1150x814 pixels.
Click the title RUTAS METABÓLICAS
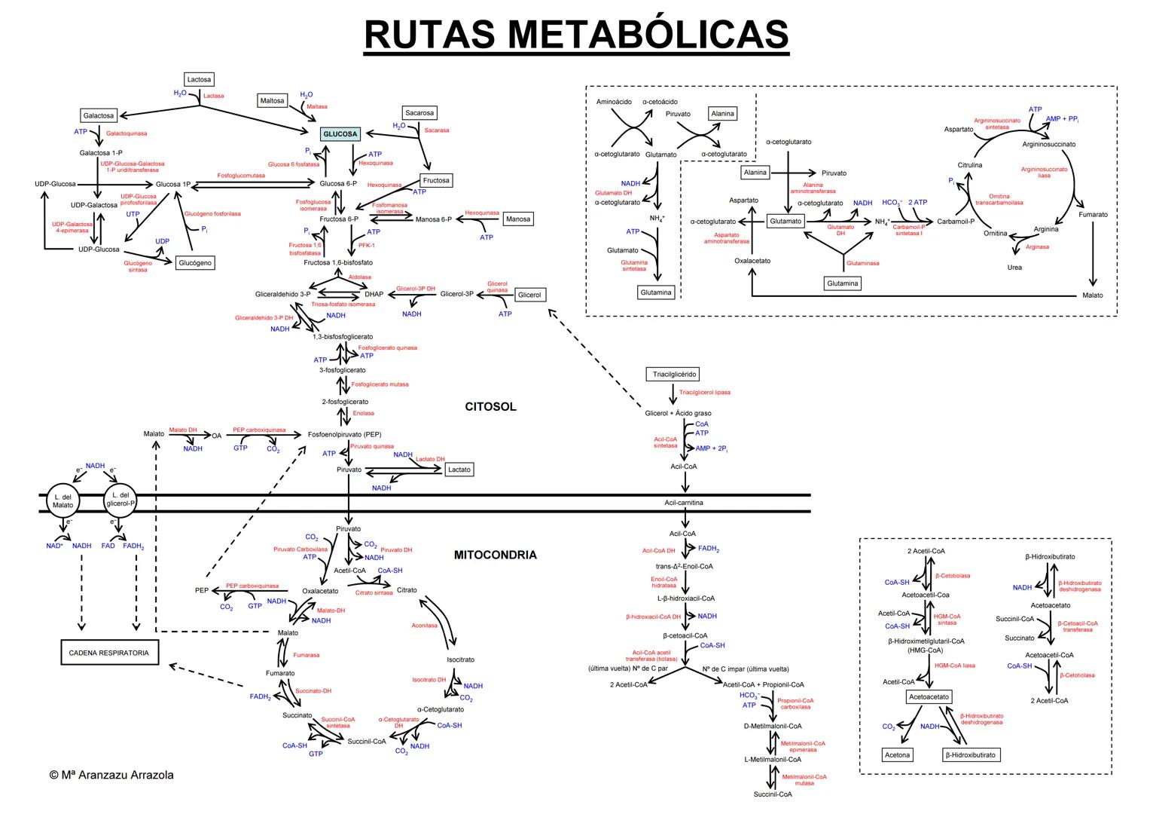click(576, 34)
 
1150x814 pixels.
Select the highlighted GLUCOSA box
click(340, 134)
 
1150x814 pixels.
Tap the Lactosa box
click(200, 79)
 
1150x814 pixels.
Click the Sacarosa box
click(419, 113)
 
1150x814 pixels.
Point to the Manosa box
click(518, 219)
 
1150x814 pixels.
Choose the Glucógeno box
click(195, 263)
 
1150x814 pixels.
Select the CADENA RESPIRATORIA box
click(109, 653)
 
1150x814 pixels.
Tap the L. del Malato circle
click(63, 501)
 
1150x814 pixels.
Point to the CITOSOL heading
click(490, 407)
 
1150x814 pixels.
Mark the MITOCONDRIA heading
click(495, 555)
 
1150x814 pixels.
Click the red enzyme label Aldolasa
click(359, 277)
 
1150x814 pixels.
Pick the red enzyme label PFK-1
click(366, 245)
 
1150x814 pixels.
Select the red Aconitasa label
click(424, 626)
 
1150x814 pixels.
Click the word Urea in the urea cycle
click(1014, 268)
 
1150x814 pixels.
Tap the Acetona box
click(897, 754)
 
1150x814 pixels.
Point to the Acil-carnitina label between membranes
click(684, 503)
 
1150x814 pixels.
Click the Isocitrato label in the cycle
click(460, 659)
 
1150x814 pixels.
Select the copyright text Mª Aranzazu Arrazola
click(111, 775)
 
